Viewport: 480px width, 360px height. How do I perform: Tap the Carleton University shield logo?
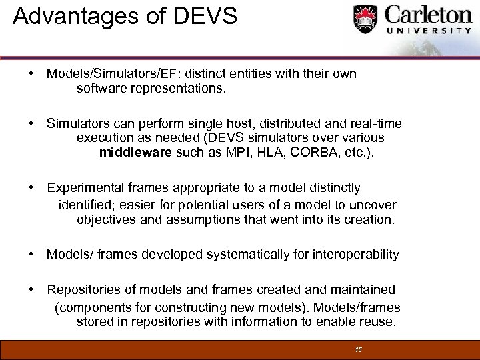[365, 20]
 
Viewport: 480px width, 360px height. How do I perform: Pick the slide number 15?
[358, 349]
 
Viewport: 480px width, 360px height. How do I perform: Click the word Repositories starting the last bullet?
[83, 290]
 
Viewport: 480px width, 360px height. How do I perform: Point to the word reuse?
[379, 322]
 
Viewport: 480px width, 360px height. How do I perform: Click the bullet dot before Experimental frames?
[31, 189]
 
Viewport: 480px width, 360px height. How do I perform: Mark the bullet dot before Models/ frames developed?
[31, 254]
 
